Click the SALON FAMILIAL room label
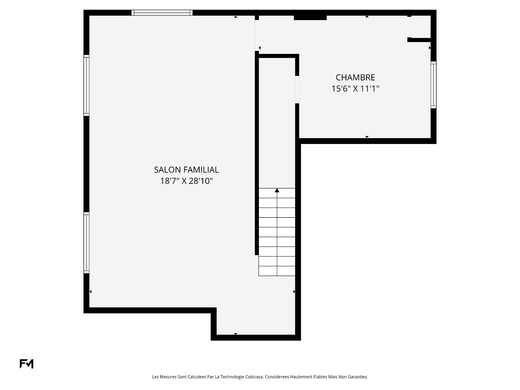click(186, 170)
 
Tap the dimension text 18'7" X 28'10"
click(186, 181)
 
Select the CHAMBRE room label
click(355, 77)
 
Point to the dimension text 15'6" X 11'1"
click(355, 89)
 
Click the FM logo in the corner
click(27, 364)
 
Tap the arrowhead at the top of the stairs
click(277, 190)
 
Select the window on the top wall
click(162, 12)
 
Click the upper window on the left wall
click(86, 85)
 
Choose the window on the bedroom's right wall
click(433, 85)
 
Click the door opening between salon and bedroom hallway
click(257, 35)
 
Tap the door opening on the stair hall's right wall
click(297, 90)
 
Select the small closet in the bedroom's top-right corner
click(421, 27)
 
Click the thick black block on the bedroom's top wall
click(310, 18)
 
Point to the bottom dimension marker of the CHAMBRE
click(367, 137)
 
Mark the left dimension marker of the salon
click(91, 292)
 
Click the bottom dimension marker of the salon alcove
click(236, 334)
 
